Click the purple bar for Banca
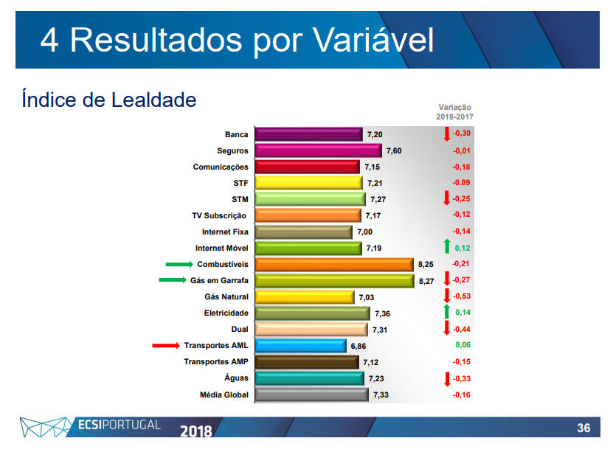[x=309, y=134]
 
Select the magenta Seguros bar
[x=319, y=150]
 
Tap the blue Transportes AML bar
[x=301, y=346]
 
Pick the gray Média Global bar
[x=312, y=395]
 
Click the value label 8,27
[x=426, y=281]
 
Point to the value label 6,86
[x=358, y=346]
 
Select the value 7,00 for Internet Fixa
[x=364, y=232]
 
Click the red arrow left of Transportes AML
[x=166, y=345]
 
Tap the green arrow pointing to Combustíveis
[x=179, y=264]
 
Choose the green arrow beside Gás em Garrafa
[x=173, y=280]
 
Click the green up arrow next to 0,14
[x=447, y=312]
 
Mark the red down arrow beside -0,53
[x=447, y=296]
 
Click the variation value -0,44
[x=462, y=329]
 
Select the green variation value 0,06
[x=463, y=345]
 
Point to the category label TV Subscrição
[x=219, y=216]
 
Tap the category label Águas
[x=236, y=378]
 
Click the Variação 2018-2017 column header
[x=454, y=112]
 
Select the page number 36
[x=583, y=428]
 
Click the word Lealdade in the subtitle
[x=153, y=100]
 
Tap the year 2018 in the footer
[x=196, y=431]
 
